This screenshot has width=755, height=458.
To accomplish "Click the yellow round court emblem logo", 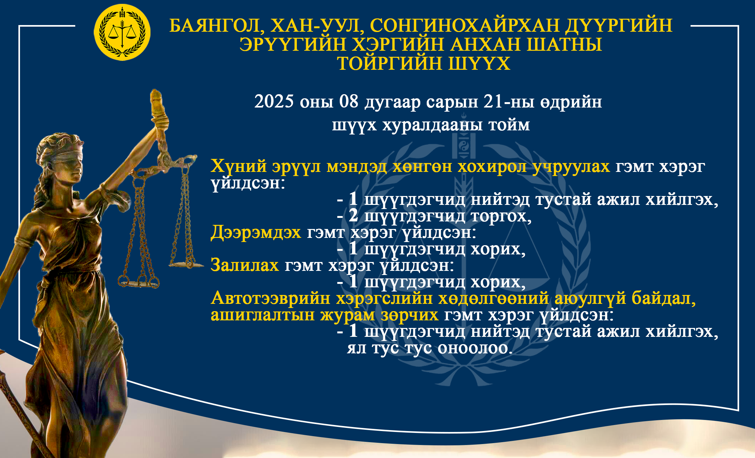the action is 122,32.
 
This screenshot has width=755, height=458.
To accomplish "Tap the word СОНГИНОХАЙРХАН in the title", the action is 464,25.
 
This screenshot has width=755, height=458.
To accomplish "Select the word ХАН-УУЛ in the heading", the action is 317,26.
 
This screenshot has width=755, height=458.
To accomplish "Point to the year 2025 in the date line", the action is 274,101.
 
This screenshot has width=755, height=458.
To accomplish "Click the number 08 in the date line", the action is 349,101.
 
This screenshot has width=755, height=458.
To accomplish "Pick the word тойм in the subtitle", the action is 509,125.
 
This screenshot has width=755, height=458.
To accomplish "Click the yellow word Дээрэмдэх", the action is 256,232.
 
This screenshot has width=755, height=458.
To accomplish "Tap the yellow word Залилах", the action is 245,265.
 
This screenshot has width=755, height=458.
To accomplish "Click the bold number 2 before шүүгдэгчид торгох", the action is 353,216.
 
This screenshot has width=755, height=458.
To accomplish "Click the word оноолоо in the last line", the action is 475,348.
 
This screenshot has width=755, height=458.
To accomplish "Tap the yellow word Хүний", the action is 238,166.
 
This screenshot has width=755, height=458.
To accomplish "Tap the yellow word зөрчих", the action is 409,315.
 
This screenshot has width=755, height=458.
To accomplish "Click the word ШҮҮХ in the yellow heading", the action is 479,64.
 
